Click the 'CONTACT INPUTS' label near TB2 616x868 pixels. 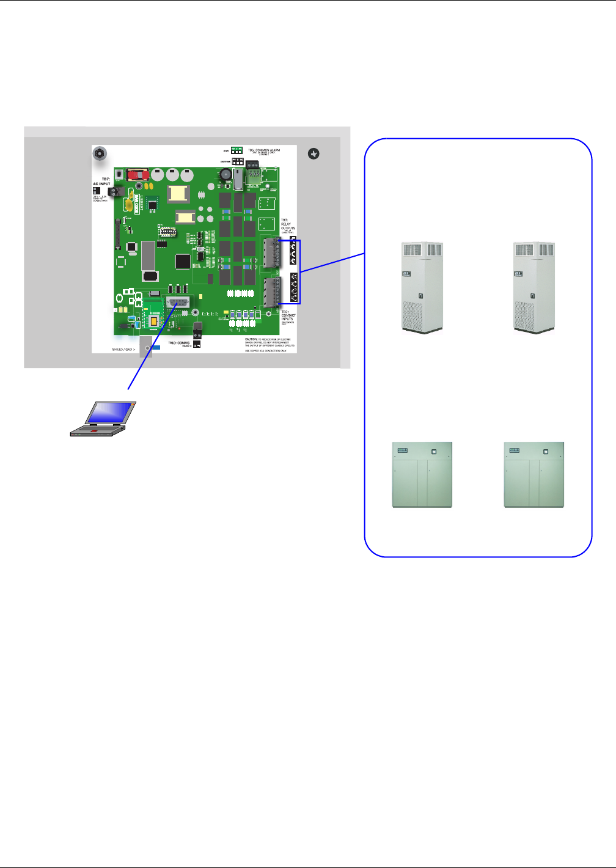[288, 317]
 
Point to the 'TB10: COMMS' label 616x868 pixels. [180, 343]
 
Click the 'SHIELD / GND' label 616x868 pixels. [123, 349]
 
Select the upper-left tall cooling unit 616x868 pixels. [422, 287]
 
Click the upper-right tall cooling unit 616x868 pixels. [534, 287]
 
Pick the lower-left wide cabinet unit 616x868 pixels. [422, 474]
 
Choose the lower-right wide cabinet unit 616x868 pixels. [533, 474]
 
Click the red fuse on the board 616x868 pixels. [139, 174]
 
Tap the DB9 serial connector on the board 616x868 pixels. [177, 303]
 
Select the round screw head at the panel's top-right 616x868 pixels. [313, 154]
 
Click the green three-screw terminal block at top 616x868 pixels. [254, 175]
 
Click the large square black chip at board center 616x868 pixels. [183, 262]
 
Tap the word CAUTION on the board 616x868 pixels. [251, 339]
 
